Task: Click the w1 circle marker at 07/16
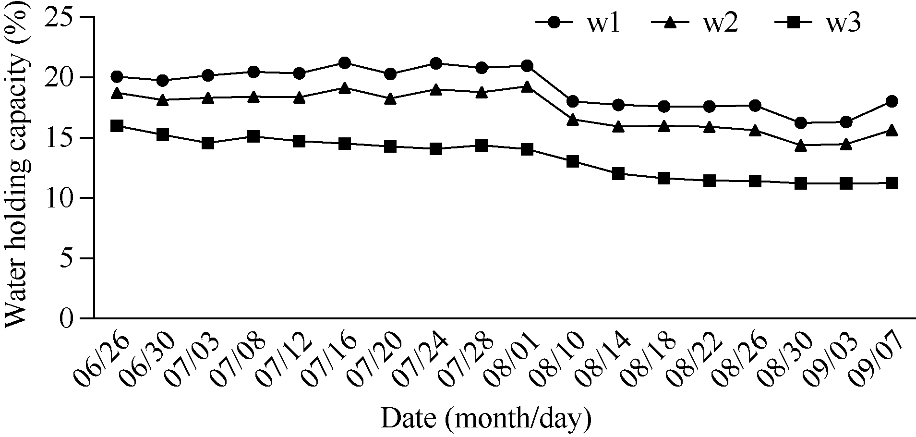(344, 62)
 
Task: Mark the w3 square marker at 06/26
(117, 126)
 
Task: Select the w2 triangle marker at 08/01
(527, 87)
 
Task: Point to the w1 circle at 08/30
(800, 123)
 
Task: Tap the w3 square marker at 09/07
(892, 183)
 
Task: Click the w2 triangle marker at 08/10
(572, 120)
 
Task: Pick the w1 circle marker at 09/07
(892, 101)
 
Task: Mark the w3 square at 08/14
(618, 174)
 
